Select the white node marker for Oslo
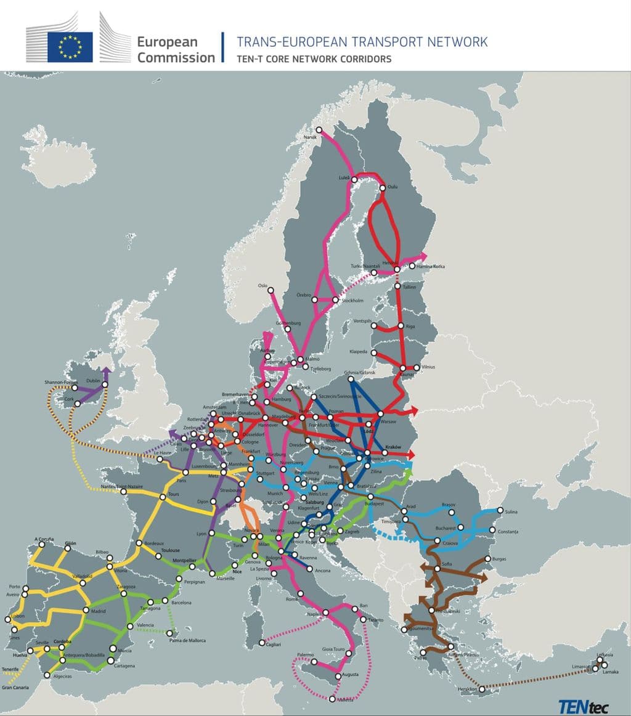pos(270,290)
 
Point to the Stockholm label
pos(352,301)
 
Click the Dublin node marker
pos(105,385)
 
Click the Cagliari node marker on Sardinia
pos(262,643)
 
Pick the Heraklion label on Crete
pos(463,688)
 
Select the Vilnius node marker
pos(417,368)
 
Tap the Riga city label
pos(412,326)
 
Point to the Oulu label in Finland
pos(393,187)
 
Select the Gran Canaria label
pos(15,687)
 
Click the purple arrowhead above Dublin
pos(105,371)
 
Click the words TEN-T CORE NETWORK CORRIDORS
pos(314,59)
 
